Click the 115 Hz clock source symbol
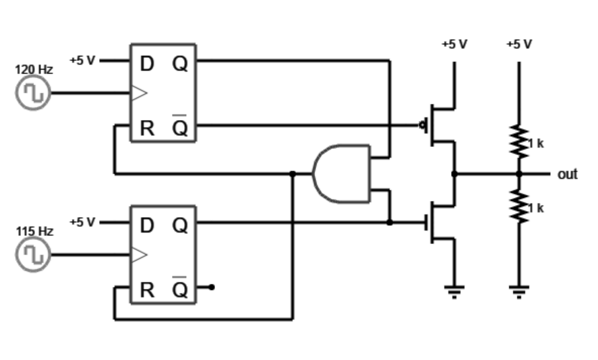32,255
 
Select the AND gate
341,174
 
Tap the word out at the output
567,175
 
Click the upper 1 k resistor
519,142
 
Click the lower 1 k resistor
519,206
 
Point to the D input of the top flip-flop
147,64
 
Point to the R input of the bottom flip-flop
147,290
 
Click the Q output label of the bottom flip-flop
180,226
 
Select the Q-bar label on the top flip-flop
180,127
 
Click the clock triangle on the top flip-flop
139,93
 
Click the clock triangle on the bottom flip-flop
139,255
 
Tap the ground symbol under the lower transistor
454,291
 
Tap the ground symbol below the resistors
519,291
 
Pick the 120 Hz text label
34,69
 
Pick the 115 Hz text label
34,231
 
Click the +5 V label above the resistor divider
518,44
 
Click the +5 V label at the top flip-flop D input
82,60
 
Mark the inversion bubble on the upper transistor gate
423,125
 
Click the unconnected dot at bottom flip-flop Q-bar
212,287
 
